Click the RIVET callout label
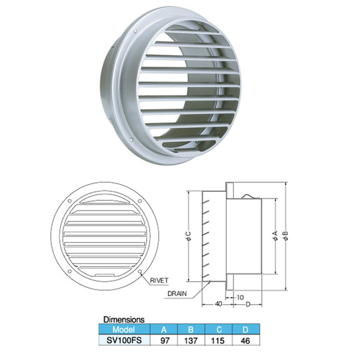[x=159, y=280]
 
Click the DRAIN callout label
[x=177, y=293]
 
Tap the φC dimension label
[x=188, y=236]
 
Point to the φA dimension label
[x=275, y=236]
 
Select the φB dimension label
[x=285, y=236]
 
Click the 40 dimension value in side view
[x=218, y=304]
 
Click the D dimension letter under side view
[x=248, y=304]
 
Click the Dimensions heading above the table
[x=124, y=320]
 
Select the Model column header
[x=124, y=329]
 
